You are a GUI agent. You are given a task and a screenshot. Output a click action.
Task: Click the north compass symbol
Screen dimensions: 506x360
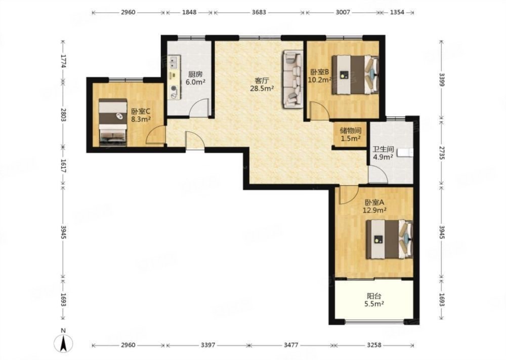tap(64, 341)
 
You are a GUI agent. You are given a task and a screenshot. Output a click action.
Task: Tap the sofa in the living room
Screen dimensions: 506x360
tap(293, 79)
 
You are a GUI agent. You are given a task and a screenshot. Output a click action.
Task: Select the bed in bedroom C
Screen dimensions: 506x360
tap(113, 122)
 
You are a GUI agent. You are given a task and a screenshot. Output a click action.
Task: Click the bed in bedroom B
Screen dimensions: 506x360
tap(355, 74)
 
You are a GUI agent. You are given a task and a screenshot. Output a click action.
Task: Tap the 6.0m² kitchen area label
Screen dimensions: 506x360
tap(195, 82)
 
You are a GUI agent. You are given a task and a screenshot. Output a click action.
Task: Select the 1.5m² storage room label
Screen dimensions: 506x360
tap(351, 139)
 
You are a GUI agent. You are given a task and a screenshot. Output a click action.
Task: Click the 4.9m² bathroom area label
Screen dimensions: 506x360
tap(383, 157)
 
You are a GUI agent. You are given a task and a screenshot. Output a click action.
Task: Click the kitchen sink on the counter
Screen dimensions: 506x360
tap(174, 62)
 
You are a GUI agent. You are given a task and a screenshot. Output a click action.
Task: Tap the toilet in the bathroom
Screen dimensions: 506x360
tap(405, 152)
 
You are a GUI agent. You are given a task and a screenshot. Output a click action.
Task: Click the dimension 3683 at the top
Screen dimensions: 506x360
tap(259, 12)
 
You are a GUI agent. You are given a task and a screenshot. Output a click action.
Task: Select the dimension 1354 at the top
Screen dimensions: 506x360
tap(397, 12)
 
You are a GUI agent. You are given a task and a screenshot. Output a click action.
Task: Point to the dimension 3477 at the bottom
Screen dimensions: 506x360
tap(291, 345)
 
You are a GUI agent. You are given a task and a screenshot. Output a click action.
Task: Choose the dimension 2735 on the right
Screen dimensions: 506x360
tap(442, 152)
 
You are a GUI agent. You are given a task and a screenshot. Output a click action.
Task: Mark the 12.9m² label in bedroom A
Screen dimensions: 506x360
tap(375, 211)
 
